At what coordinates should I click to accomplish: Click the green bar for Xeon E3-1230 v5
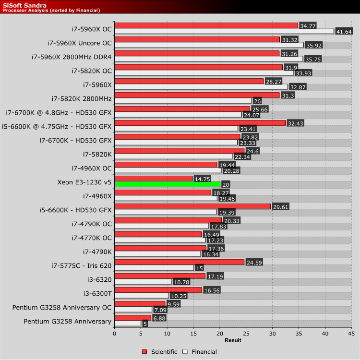(x=167, y=184)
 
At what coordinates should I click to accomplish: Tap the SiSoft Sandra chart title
(x=24, y=5)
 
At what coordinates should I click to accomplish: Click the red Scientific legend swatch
(x=144, y=352)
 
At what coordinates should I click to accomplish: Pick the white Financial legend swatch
(x=185, y=352)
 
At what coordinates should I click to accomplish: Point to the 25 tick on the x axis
(x=246, y=333)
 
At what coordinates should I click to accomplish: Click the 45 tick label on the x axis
(x=351, y=333)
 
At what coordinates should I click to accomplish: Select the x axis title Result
(x=233, y=340)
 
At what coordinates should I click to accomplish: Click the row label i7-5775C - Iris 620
(x=82, y=265)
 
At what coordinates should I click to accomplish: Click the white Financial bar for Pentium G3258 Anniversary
(x=128, y=324)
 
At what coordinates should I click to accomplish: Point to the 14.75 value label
(x=202, y=179)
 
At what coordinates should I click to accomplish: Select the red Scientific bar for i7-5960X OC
(x=206, y=25)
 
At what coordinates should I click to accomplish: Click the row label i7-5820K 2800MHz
(x=82, y=98)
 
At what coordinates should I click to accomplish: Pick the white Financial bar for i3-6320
(x=143, y=282)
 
